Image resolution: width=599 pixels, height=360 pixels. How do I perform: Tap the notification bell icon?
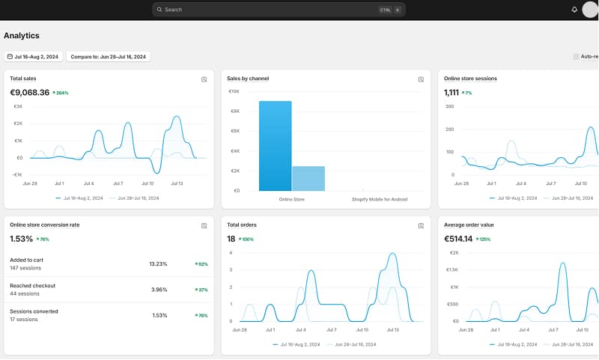pyautogui.click(x=574, y=10)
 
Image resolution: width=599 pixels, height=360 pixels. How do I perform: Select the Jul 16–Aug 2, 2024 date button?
pyautogui.click(x=34, y=57)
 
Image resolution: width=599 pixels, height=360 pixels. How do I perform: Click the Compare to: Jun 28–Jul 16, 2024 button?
pyautogui.click(x=109, y=57)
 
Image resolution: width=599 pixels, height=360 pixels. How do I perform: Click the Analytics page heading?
pyautogui.click(x=22, y=35)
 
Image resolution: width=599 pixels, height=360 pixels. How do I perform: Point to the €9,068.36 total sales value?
pyautogui.click(x=29, y=93)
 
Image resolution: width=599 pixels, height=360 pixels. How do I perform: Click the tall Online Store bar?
pyautogui.click(x=275, y=146)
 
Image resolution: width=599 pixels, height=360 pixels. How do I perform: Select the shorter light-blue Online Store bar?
pyautogui.click(x=308, y=178)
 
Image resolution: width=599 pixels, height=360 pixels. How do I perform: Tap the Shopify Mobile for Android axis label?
pyautogui.click(x=380, y=200)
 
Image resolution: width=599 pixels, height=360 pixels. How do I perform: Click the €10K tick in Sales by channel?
pyautogui.click(x=234, y=91)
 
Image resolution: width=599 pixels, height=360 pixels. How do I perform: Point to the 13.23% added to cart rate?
pyautogui.click(x=158, y=263)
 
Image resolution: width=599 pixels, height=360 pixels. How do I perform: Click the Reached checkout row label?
pyautogui.click(x=32, y=285)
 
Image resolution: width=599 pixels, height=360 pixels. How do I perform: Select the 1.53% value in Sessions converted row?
pyautogui.click(x=159, y=315)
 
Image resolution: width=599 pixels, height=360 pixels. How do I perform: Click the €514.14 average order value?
pyautogui.click(x=458, y=239)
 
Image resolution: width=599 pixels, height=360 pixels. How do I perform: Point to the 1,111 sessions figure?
pyautogui.click(x=451, y=93)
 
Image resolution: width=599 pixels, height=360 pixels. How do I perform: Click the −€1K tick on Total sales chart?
pyautogui.click(x=17, y=174)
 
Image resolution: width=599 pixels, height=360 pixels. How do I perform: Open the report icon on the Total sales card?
pyautogui.click(x=204, y=79)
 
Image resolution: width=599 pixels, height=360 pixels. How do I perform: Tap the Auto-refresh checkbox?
pyautogui.click(x=576, y=57)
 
